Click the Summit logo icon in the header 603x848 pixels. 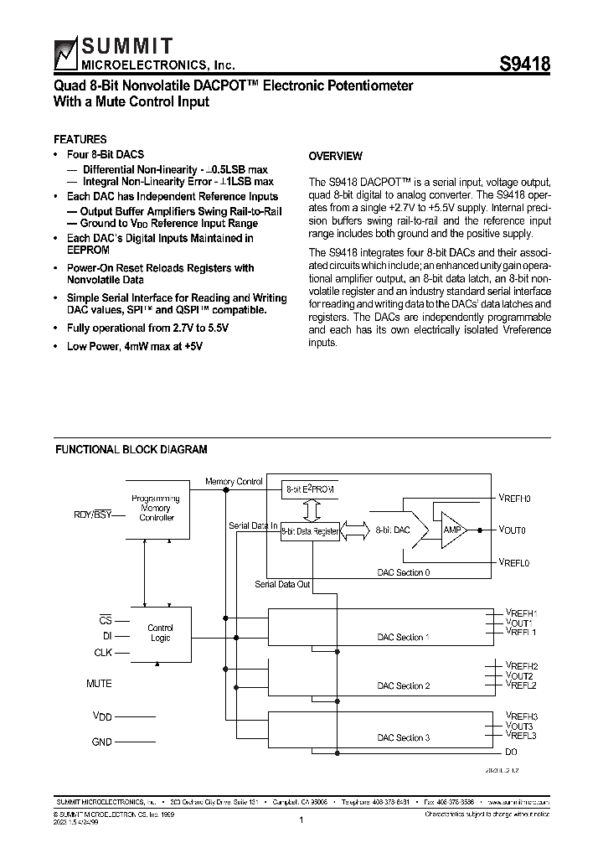point(65,55)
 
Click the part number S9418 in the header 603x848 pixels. point(524,65)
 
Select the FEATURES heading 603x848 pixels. point(80,140)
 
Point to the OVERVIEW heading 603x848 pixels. point(335,157)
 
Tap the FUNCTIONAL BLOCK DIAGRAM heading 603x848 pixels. point(131,450)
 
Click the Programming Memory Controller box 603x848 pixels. point(156,509)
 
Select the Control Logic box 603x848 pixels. point(160,633)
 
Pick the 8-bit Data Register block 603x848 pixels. point(310,530)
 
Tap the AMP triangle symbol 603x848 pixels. point(453,530)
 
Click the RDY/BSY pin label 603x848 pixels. point(92,514)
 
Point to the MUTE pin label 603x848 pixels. point(99,684)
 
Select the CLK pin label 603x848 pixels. point(102,653)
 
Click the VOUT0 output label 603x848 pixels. point(513,530)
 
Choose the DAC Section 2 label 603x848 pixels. point(403,685)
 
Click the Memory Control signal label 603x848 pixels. point(234,482)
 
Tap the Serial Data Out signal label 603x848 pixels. point(282,583)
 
